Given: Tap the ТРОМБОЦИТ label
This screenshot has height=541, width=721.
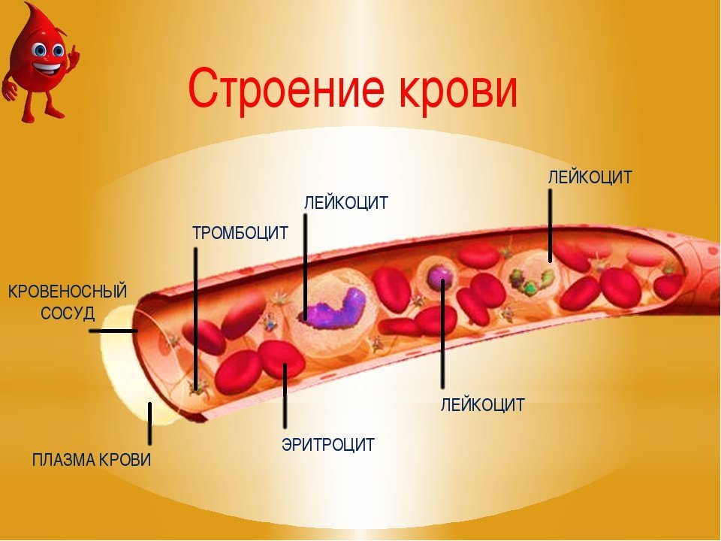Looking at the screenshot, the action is tap(240, 233).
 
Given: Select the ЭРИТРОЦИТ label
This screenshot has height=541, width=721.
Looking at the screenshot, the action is tap(328, 444).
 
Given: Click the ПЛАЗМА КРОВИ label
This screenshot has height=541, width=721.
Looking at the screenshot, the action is tap(92, 460).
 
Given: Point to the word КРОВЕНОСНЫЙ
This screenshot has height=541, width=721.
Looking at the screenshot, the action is tap(68, 292).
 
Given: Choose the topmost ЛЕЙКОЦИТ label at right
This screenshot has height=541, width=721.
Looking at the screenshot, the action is tap(590, 177).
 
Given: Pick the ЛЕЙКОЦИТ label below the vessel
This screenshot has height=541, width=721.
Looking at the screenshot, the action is tap(483, 405).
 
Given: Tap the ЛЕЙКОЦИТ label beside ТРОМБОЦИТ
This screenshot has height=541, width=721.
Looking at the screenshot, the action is tap(346, 202).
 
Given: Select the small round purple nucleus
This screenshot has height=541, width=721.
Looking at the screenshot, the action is tap(439, 277).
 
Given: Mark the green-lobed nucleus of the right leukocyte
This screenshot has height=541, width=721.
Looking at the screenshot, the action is tap(531, 282).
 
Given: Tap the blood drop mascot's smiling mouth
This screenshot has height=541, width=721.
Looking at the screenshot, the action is tap(47, 70).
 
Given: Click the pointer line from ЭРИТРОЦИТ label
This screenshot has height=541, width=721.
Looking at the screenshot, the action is tap(285, 396).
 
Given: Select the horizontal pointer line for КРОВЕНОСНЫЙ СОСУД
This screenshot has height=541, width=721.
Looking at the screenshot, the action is tap(113, 331).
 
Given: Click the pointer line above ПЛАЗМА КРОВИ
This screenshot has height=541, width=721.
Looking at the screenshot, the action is tap(149, 424).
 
